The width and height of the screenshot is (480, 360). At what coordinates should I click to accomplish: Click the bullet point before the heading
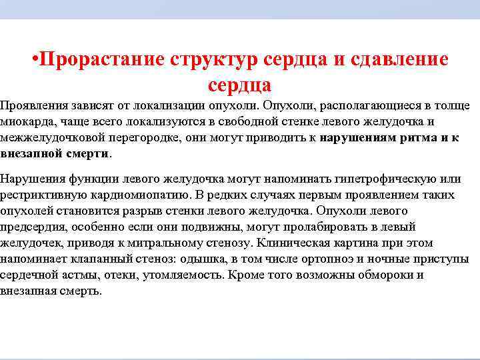35,59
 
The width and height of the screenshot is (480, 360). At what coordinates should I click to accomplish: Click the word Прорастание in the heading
99,59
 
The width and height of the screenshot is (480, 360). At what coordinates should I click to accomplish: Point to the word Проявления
33,105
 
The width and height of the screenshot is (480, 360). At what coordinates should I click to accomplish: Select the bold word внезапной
30,153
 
